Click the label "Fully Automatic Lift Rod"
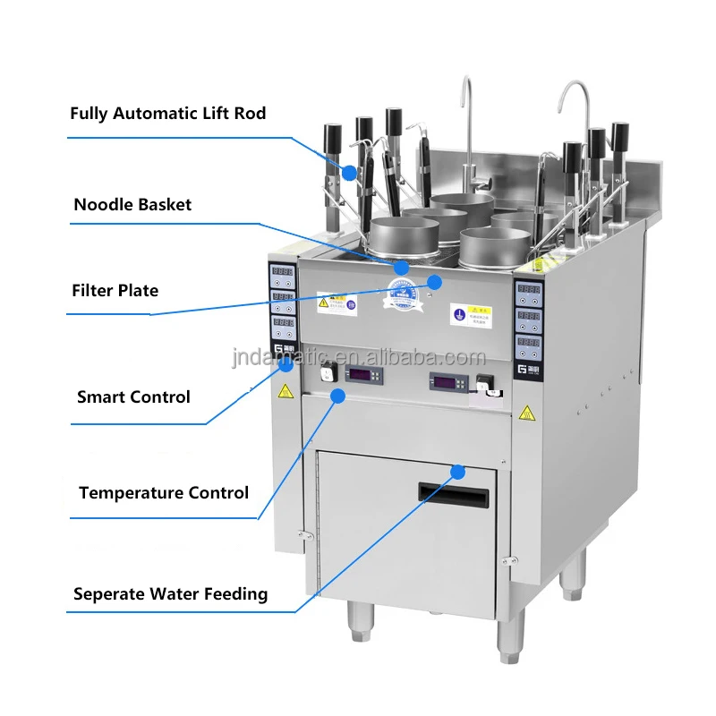(168, 114)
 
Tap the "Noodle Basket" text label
(132, 204)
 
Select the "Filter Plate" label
(115, 290)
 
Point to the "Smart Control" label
(133, 396)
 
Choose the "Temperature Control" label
(164, 492)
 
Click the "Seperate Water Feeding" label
(170, 593)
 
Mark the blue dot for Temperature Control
(337, 394)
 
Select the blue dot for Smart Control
(286, 363)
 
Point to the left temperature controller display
(367, 374)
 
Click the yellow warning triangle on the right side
(527, 413)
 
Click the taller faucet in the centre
(467, 125)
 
